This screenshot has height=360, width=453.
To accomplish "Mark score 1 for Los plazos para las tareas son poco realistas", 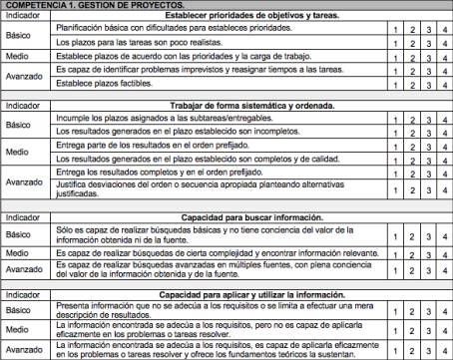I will (396, 44).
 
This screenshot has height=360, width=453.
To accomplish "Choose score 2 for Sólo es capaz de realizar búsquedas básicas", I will (412, 235).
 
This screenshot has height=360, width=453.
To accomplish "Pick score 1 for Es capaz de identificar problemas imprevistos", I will (396, 72).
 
